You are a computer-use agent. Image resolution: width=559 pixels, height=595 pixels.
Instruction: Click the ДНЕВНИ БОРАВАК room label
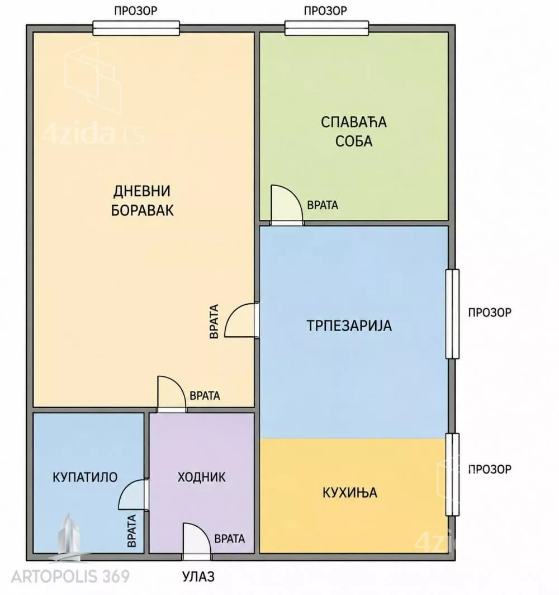point(142,200)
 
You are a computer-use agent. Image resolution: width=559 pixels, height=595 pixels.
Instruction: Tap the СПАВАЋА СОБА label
point(354,131)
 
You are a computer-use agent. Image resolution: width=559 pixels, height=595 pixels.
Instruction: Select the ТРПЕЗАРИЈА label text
point(349,325)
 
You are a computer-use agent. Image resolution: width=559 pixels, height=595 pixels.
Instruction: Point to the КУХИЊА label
point(350,493)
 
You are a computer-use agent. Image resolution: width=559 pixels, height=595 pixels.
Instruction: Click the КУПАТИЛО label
point(85,477)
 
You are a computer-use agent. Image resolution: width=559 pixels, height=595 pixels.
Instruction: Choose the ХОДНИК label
point(201,477)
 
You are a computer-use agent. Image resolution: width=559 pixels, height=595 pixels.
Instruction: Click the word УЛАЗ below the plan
point(198,577)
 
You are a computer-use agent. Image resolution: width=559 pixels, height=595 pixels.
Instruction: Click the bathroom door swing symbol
point(133,494)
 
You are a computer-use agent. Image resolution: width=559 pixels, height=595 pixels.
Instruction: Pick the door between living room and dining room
point(241,319)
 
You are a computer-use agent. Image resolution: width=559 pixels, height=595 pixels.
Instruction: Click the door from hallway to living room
point(172,394)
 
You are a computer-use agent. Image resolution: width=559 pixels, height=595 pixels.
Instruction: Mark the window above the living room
point(136,28)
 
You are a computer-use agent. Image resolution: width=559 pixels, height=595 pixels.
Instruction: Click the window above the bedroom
point(327,28)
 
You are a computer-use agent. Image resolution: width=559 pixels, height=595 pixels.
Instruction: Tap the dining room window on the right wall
point(452,314)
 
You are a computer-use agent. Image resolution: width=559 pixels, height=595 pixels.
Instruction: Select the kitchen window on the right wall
point(452,474)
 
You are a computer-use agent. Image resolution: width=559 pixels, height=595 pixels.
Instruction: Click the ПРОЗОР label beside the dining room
point(490,312)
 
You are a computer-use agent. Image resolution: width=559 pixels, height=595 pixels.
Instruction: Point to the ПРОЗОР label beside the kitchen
point(490,469)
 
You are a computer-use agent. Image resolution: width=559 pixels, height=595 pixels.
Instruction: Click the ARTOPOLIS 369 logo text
point(70,577)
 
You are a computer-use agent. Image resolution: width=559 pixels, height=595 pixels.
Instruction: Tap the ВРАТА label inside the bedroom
point(323,205)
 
